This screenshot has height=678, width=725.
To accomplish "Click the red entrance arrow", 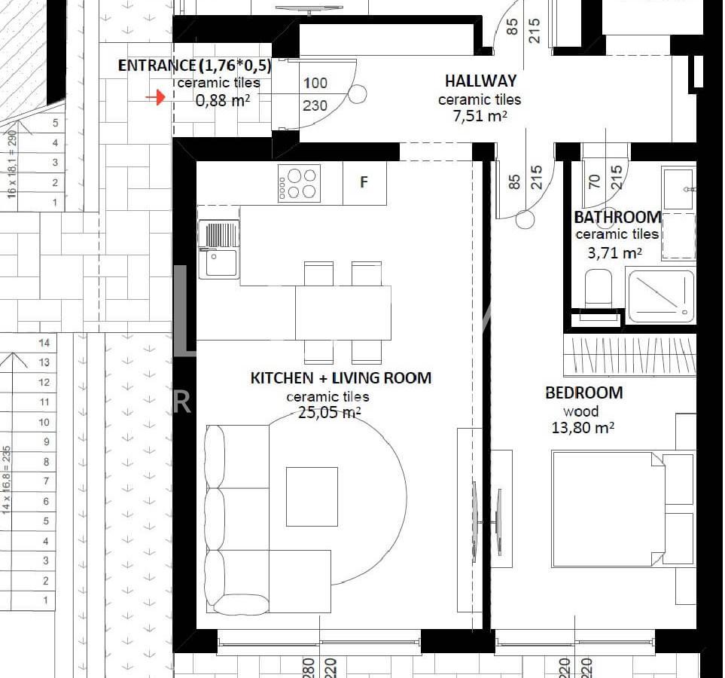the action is coord(155,97).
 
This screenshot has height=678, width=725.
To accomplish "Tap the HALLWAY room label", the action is coord(480,81).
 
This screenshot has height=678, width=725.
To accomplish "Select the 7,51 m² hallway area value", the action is coord(480,116).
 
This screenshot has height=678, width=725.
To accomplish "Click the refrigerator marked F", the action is coord(364,182).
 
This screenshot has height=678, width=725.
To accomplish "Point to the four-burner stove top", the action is coord(299,184).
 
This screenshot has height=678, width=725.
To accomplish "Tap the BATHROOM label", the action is coord(618,217).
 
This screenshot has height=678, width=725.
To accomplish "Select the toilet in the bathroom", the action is coord(599,289).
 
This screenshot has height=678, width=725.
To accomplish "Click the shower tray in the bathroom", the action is coord(661,297).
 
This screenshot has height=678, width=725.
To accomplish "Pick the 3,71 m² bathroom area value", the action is coord(614,252).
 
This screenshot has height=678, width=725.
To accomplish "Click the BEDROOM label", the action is coord(584,393).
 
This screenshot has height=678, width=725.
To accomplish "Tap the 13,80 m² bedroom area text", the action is coord(583,427).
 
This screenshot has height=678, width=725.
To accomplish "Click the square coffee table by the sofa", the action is coord(312,496).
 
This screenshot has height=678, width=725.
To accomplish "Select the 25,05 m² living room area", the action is coord(329,412).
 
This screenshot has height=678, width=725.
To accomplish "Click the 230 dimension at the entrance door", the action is coord(315,105).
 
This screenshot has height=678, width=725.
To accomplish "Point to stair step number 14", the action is coord(44,343).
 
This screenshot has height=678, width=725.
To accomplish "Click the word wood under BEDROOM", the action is coord(580,411).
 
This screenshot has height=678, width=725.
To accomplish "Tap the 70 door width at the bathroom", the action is coord(595,181).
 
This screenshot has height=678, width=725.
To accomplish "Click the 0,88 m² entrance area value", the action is coord(223,100).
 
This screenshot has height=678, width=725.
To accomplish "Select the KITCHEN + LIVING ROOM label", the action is coord(341,378).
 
